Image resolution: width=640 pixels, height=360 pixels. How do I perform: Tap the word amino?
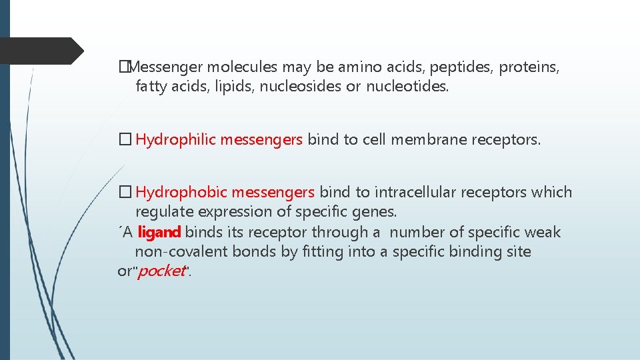click(x=359, y=67)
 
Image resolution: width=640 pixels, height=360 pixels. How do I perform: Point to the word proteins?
click(x=529, y=67)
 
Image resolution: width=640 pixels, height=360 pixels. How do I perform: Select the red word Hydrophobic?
click(x=178, y=193)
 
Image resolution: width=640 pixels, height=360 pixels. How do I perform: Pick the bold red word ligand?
click(x=159, y=232)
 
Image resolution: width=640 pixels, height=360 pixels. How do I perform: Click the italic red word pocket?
click(x=160, y=271)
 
